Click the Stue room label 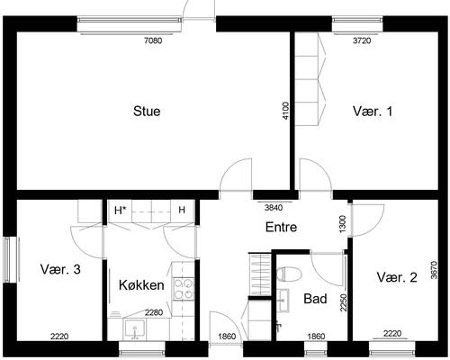coord(147,112)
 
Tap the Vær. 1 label coord(373,112)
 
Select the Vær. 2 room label coord(397,277)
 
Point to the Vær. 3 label coord(60,269)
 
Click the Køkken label coord(141,285)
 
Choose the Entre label coord(281,227)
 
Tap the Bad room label coord(315,299)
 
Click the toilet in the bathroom coord(289,274)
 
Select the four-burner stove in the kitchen coord(184,288)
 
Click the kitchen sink coord(135,329)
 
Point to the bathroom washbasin coord(283,300)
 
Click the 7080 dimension coord(153,40)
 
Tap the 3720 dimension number coord(362,40)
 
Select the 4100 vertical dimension coord(285,111)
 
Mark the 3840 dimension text coord(274,208)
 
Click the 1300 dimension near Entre coord(342,223)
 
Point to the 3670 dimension coord(434,270)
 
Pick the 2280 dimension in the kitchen coord(154,313)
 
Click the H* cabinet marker coord(120,211)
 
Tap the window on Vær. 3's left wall coord(11,259)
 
